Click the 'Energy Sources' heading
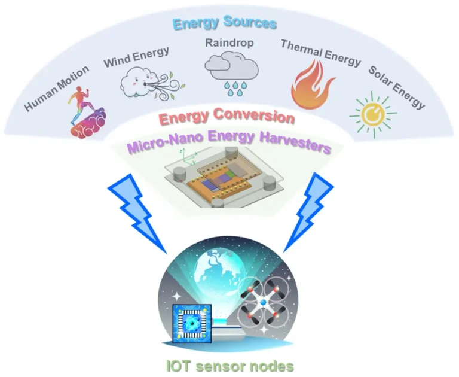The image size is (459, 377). [225, 23]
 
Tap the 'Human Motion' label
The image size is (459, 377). [57, 88]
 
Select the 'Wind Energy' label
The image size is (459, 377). [136, 57]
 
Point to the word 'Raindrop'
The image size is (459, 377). [229, 43]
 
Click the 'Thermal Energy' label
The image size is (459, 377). [321, 53]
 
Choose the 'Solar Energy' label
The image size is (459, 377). [396, 87]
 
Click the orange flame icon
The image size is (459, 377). [312, 85]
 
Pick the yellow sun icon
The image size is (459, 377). [373, 114]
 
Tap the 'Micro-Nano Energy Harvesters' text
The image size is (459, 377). [229, 142]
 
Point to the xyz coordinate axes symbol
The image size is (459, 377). [188, 157]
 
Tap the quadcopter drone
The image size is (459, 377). [263, 302]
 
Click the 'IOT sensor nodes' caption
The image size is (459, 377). [229, 366]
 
